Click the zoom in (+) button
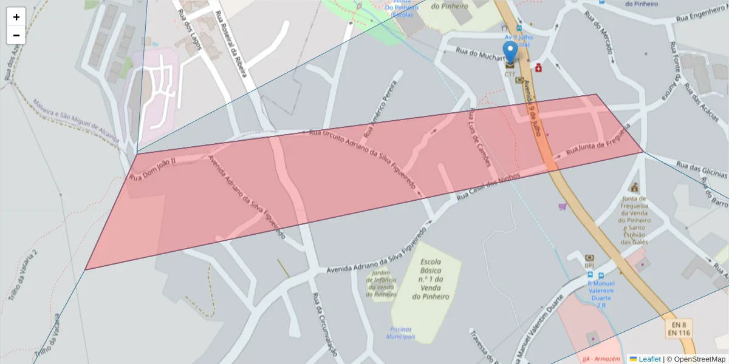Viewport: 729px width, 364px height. coord(16,17)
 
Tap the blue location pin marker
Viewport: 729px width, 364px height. coord(510,52)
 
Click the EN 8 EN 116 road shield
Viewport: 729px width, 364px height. coord(679,328)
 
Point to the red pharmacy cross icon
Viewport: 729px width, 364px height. coord(538,67)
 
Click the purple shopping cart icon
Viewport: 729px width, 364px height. coord(563,207)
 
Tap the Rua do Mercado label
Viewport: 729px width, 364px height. coord(598,35)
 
